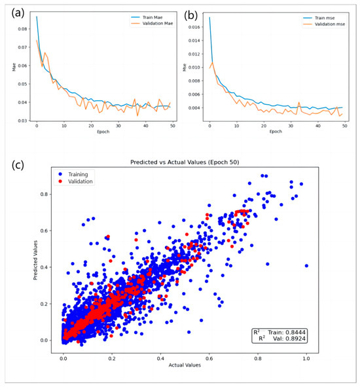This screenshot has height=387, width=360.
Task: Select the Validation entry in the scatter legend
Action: [84, 181]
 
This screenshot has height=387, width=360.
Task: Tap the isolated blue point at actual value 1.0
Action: [306, 265]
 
